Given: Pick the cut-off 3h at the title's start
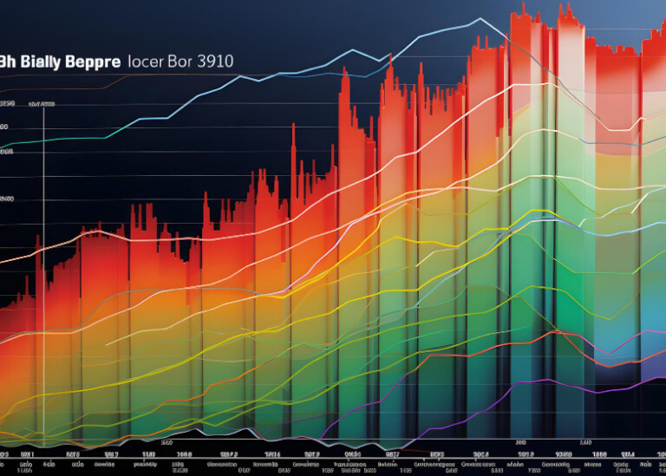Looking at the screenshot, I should [7, 62].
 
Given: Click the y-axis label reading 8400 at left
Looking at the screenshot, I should [7, 199].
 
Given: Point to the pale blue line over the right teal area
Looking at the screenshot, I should [616, 227].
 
